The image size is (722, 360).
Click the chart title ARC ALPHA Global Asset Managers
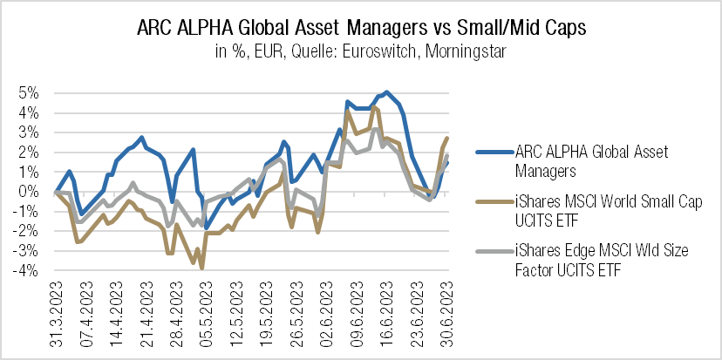coord(361,28)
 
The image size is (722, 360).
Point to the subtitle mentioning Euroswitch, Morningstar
coord(361,52)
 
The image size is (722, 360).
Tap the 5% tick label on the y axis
coord(29,93)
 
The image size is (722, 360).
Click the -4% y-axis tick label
coord(26,271)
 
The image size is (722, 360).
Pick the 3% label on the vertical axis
coord(29,132)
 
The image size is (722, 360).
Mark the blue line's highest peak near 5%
coord(386,92)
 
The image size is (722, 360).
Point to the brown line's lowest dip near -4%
coord(202,268)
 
